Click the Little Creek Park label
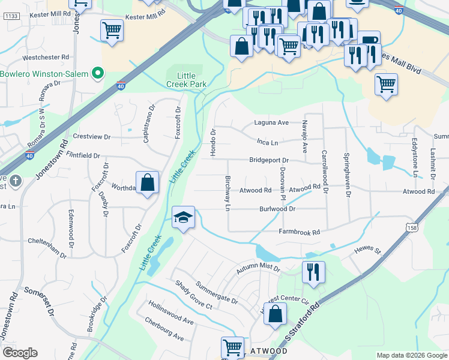[181, 79]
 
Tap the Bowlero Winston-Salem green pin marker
[99, 74]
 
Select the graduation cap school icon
[184, 217]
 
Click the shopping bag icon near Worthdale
[147, 183]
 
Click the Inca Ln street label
[267, 143]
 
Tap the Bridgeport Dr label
[270, 161]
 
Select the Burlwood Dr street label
[277, 209]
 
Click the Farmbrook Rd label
[299, 232]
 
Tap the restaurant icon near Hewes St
[313, 272]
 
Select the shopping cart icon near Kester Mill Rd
[112, 31]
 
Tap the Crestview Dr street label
[91, 137]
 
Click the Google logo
[20, 353]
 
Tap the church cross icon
[16, 180]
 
